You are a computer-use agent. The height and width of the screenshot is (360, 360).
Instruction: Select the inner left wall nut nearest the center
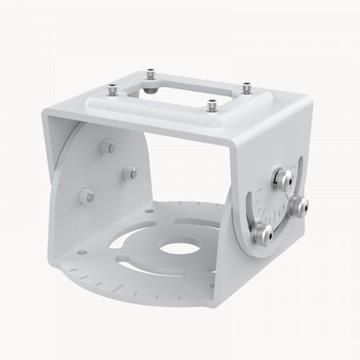130,173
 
